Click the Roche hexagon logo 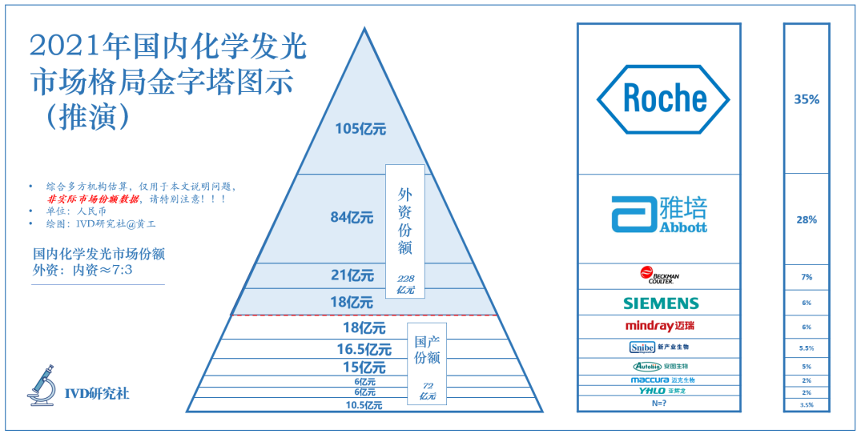(662, 98)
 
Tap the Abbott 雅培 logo (659, 215)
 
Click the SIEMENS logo (661, 303)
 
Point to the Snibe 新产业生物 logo (659, 348)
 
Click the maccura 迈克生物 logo (661, 380)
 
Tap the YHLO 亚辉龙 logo (661, 392)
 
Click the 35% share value (807, 99)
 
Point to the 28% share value (807, 219)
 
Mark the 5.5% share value (807, 348)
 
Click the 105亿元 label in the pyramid (360, 129)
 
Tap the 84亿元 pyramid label (352, 217)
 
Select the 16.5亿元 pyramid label (364, 349)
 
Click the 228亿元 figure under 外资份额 (405, 283)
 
